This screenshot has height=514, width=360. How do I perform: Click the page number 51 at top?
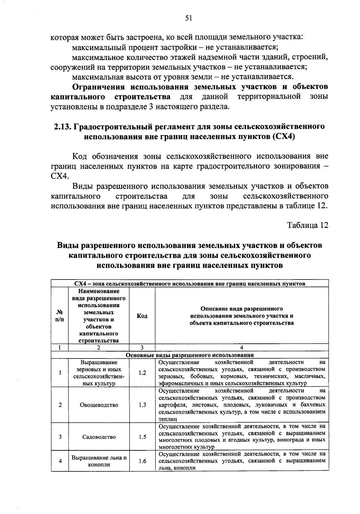click(x=188, y=19)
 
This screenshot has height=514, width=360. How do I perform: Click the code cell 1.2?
click(x=142, y=373)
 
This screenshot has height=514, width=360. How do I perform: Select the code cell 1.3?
click(x=142, y=405)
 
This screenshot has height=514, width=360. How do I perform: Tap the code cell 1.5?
click(x=142, y=437)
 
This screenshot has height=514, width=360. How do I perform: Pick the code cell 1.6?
click(x=142, y=461)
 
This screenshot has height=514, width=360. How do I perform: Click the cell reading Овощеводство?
click(x=99, y=405)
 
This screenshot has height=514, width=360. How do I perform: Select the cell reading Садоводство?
click(x=99, y=437)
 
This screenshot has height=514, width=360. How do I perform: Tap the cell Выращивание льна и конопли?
click(x=99, y=461)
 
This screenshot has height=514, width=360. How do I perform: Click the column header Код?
click(x=142, y=316)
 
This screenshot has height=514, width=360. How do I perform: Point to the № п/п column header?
click(x=60, y=316)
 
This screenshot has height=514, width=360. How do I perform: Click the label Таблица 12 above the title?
click(x=308, y=225)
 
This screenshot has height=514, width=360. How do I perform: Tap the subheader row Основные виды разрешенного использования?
click(x=190, y=355)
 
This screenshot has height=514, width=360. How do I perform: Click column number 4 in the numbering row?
click(x=242, y=347)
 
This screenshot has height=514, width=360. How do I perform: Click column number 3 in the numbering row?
click(x=142, y=347)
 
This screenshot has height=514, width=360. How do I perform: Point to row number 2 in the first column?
click(x=60, y=405)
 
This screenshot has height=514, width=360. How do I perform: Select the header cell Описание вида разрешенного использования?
click(x=242, y=316)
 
